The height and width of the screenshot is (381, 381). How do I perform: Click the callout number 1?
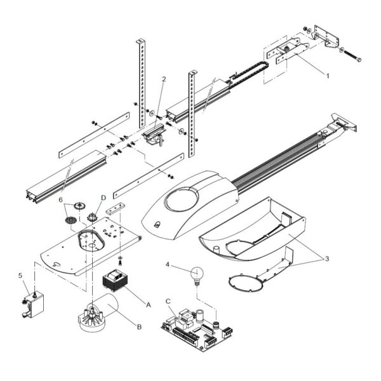coord(328,76)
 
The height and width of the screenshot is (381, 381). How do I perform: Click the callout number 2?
coord(164,79)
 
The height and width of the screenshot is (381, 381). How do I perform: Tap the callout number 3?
coord(327,259)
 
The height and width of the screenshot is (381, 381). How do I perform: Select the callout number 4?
coord(168,264)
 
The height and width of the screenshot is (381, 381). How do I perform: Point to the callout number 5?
coord(20,276)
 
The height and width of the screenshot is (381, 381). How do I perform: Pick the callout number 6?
coord(60,200)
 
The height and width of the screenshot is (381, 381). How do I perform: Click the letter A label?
coord(148,305)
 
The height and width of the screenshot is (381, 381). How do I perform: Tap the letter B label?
coord(139,327)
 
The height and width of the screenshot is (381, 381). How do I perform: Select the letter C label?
coord(168,301)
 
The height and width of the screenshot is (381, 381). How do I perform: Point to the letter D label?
coord(104,197)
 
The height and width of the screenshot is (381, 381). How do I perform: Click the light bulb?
coord(197,276)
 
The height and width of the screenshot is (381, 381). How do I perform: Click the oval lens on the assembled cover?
coord(182,199)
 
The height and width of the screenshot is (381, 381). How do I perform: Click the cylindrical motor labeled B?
coord(98,314)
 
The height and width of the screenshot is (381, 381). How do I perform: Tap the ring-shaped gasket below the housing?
coord(246,283)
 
